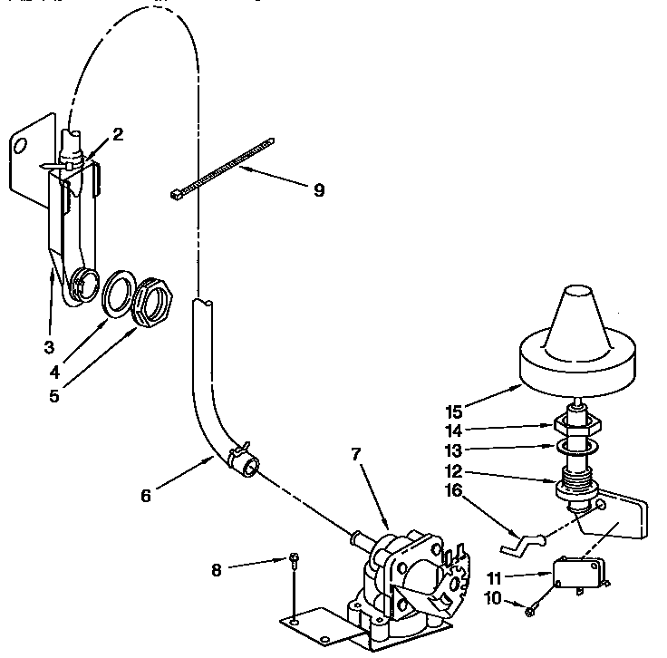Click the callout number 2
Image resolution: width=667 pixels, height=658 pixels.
coord(118,134)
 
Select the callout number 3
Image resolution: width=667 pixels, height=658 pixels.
coord(48,347)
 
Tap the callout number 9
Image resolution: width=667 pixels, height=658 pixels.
coord(318,190)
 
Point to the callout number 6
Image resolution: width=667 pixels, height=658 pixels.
coord(147,495)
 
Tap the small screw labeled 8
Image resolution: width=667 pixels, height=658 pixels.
coord(295,560)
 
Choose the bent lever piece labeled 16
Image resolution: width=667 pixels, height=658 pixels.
coord(520,543)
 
